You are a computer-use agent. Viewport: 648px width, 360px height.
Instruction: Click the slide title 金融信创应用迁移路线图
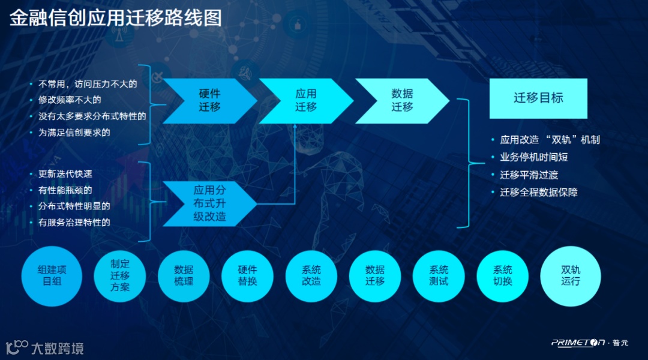[116, 17]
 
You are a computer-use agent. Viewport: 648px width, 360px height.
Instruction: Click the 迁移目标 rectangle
[538, 98]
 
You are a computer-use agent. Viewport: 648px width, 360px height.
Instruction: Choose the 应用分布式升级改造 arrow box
[209, 203]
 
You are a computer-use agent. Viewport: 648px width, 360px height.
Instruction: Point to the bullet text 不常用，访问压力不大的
[88, 84]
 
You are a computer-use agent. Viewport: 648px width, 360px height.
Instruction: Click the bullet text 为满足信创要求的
[74, 133]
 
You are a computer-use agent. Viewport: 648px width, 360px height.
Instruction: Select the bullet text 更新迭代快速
[65, 174]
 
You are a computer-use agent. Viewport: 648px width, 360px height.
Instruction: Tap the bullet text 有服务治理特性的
[74, 223]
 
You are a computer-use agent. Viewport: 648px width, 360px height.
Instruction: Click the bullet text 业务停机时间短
[533, 157]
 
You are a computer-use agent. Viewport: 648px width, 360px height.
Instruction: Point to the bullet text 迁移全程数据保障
[538, 193]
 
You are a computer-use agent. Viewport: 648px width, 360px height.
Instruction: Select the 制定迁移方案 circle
[120, 276]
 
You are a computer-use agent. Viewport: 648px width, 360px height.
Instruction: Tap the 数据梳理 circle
[184, 276]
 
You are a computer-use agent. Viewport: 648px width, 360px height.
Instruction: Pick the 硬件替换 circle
[247, 276]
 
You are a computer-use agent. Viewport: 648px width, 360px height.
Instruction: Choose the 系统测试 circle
[439, 276]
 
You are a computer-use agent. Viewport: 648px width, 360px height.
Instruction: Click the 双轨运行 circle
[571, 276]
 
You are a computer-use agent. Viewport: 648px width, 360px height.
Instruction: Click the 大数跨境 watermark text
[57, 348]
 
